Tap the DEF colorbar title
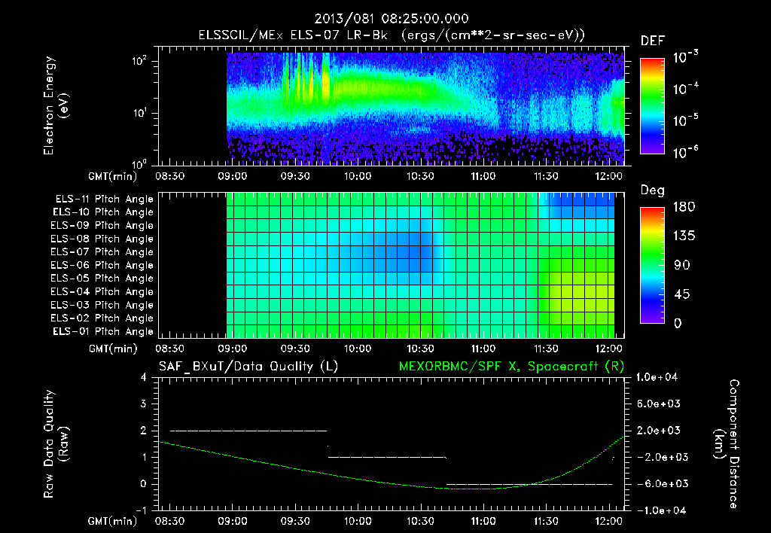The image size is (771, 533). tap(652, 41)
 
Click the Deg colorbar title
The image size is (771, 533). tap(652, 190)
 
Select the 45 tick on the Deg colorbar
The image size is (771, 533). tap(681, 294)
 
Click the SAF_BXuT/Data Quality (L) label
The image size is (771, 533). tap(248, 367)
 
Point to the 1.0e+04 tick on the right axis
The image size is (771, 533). tap(659, 377)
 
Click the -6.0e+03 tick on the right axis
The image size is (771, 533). tap(659, 483)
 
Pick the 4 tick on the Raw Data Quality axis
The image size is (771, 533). tap(143, 377)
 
